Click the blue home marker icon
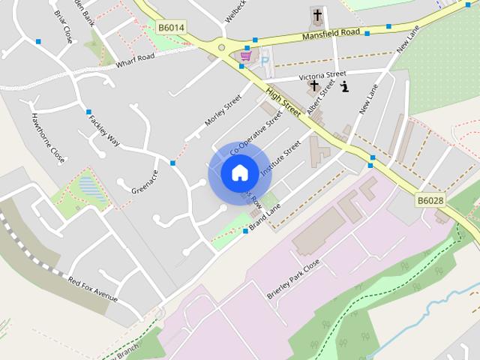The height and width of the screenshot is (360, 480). pyautogui.click(x=239, y=173)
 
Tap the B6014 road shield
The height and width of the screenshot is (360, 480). pyautogui.click(x=171, y=28)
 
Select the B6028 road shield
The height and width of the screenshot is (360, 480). pyautogui.click(x=430, y=200)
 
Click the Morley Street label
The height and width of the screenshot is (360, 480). pyautogui.click(x=223, y=109)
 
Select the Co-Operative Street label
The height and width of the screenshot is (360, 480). pyautogui.click(x=256, y=132)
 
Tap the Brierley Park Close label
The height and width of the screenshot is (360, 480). pyautogui.click(x=293, y=279)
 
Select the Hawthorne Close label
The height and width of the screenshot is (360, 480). pyautogui.click(x=47, y=138)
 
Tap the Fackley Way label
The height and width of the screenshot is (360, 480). pyautogui.click(x=104, y=130)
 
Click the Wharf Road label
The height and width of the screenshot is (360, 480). pyautogui.click(x=135, y=60)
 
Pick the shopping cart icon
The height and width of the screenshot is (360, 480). pyautogui.click(x=245, y=56)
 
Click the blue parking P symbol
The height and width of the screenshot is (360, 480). pyautogui.click(x=264, y=61)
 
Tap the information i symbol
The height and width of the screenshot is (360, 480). pyautogui.click(x=344, y=87)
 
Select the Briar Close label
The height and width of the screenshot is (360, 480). pyautogui.click(x=63, y=26)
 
